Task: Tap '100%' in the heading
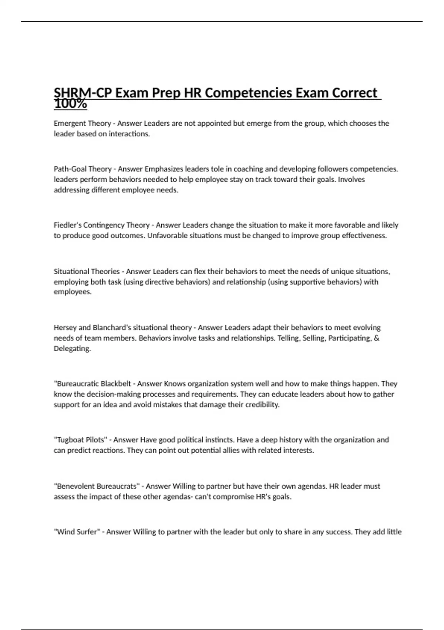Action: (x=70, y=105)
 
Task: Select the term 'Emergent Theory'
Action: (x=82, y=123)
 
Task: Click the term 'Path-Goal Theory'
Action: (x=83, y=169)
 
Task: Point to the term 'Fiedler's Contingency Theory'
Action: (x=101, y=225)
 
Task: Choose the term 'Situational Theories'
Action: (x=87, y=271)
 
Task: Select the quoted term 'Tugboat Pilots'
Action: (x=81, y=440)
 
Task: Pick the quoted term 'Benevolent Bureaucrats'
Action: (x=97, y=486)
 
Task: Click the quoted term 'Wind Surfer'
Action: (x=77, y=532)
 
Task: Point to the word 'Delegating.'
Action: (x=72, y=349)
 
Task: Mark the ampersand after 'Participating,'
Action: (x=377, y=338)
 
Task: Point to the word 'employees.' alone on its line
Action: (x=73, y=292)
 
